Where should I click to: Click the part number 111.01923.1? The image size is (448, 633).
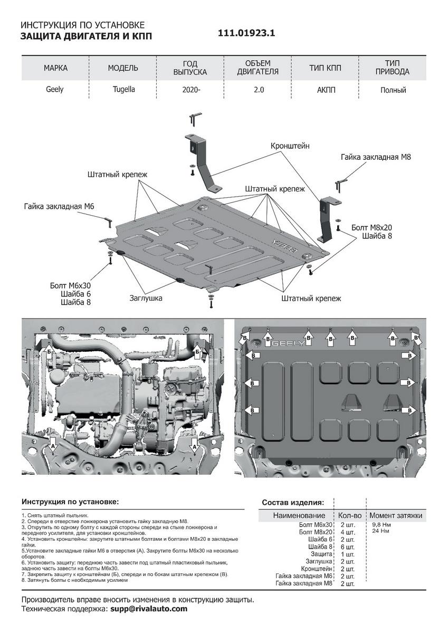[247, 33]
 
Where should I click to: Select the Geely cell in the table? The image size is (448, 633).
[55, 90]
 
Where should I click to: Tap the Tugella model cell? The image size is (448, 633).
[123, 90]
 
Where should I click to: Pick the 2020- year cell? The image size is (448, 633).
[191, 90]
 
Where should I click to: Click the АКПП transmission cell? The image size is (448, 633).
[326, 90]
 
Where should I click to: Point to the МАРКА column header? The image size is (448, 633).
[55, 68]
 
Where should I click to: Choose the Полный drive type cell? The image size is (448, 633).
[393, 90]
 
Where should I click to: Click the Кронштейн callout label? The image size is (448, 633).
[290, 145]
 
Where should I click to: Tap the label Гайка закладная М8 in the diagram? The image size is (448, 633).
[376, 157]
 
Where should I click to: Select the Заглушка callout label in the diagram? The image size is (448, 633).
[146, 298]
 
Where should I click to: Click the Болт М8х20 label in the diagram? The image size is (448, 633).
[371, 227]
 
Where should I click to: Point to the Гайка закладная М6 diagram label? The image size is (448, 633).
[59, 206]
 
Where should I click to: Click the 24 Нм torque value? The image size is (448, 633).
[380, 531]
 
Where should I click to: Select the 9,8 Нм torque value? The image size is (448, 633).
[382, 525]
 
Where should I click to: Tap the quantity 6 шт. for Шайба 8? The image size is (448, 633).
[347, 546]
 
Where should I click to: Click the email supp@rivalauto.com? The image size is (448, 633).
[149, 609]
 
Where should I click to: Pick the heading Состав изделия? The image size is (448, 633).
[293, 502]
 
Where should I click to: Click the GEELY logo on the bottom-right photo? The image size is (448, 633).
[288, 344]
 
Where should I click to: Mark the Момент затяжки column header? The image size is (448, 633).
[396, 515]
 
